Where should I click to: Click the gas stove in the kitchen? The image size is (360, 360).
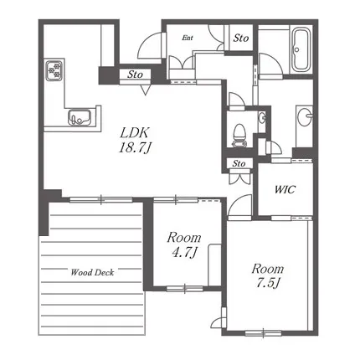pyautogui.click(x=54, y=70)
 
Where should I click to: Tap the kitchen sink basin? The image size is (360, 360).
pyautogui.click(x=80, y=117)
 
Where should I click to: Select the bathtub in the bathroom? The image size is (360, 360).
pyautogui.click(x=301, y=49)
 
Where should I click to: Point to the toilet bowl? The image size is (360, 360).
pyautogui.click(x=239, y=136)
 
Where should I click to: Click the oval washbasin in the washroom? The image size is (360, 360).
pyautogui.click(x=305, y=116)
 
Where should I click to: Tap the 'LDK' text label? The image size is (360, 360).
pyautogui.click(x=135, y=133)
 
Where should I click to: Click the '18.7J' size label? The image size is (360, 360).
pyautogui.click(x=135, y=147)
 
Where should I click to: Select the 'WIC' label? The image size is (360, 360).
pyautogui.click(x=285, y=189)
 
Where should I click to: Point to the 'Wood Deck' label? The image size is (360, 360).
pyautogui.click(x=92, y=272)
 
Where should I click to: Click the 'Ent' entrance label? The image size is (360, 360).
pyautogui.click(x=188, y=38)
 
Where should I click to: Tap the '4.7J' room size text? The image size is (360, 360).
pyautogui.click(x=184, y=253)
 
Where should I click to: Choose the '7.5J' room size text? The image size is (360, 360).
pyautogui.click(x=268, y=283)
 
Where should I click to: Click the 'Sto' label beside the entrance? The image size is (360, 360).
pyautogui.click(x=241, y=38)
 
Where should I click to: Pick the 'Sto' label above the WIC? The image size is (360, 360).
pyautogui.click(x=239, y=163)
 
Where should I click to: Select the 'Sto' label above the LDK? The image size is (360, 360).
pyautogui.click(x=135, y=75)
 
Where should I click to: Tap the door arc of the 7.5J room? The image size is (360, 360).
pyautogui.click(x=236, y=200)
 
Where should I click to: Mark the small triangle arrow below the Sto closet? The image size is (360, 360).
pyautogui.click(x=145, y=90)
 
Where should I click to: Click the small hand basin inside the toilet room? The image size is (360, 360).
pyautogui.click(x=262, y=118)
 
